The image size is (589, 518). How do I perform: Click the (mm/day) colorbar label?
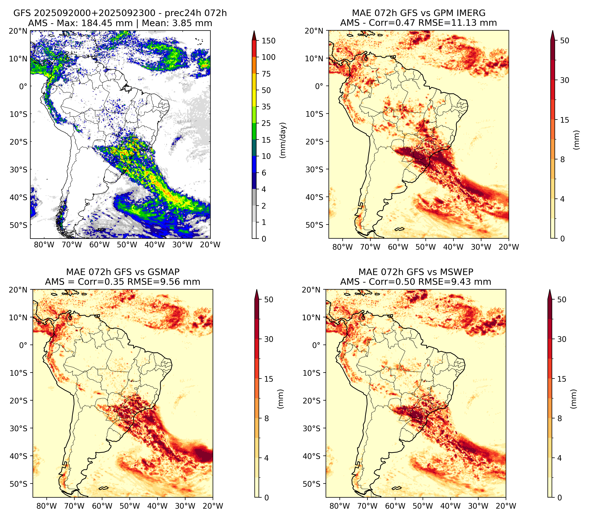tap(283, 140)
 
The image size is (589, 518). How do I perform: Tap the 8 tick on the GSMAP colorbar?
tap(267, 419)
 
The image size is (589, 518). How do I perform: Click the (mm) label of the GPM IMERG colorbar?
tap(576, 140)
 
